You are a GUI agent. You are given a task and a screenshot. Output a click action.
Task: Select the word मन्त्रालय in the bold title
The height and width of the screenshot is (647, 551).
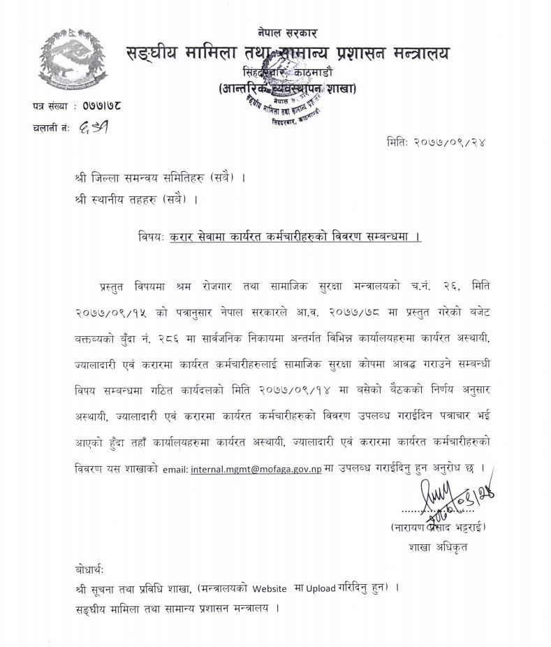click(x=414, y=53)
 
